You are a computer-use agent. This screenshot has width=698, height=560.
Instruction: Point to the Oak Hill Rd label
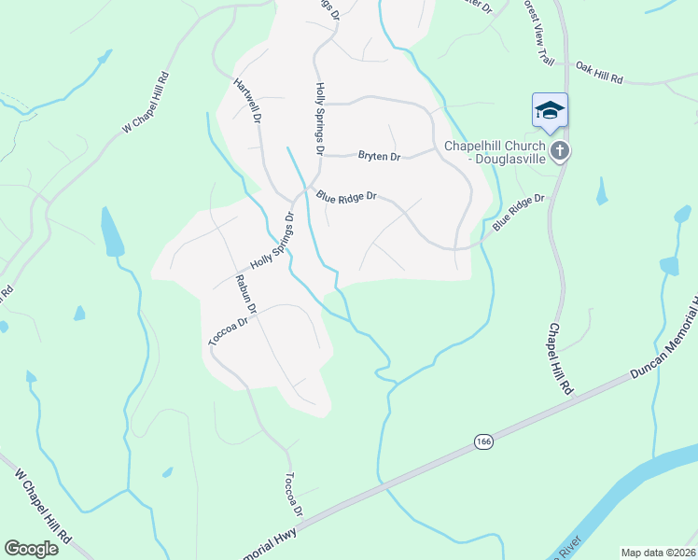599,73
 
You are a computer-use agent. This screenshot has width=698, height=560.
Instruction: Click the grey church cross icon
560,151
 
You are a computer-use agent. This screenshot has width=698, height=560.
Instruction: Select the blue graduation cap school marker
550,111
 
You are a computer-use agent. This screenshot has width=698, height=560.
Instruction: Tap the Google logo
31,549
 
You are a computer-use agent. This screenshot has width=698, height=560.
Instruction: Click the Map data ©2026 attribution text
659,553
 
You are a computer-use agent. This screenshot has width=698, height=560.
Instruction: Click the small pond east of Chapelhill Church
602,191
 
